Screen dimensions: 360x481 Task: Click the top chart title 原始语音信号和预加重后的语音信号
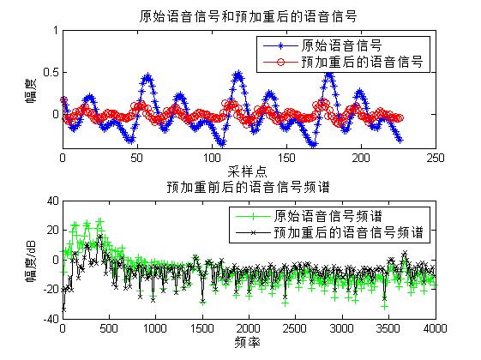248,15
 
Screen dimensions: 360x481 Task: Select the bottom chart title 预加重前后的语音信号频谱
248,186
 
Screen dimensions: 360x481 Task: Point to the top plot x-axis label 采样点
249,172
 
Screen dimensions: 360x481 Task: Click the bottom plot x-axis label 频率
249,342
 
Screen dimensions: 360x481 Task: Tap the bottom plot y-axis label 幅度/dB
32,261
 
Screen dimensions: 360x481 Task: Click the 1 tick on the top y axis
53,30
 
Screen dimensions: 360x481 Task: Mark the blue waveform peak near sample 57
147,76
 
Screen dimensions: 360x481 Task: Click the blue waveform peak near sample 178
328,74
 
